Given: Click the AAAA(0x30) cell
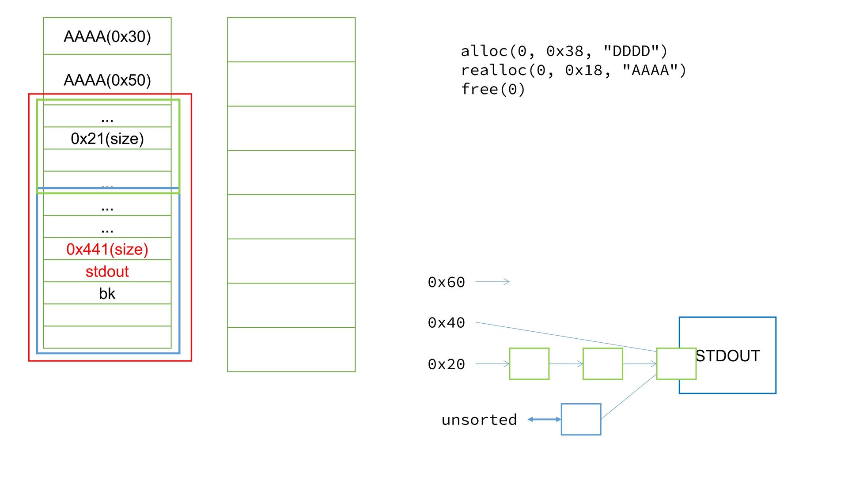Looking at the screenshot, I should click(107, 37).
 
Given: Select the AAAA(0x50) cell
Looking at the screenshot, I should click(107, 80).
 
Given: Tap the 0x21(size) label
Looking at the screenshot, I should click(107, 139).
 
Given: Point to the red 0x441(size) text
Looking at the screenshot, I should click(107, 250).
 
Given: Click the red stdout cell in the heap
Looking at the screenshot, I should click(107, 272).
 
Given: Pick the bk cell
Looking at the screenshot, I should click(107, 294).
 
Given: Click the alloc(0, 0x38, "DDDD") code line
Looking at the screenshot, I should click(564, 51).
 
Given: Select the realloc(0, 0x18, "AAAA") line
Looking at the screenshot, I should click(573, 70).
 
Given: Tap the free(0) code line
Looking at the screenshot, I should click(493, 89).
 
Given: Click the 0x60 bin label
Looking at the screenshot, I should click(446, 282).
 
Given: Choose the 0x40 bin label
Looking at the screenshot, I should click(446, 323).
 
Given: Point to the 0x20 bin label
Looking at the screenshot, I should click(446, 364).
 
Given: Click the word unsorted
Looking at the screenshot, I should click(479, 420).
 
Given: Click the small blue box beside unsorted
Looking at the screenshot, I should click(581, 419).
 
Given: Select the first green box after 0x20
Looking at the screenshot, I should click(529, 363).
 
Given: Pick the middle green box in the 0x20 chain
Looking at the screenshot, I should click(602, 363).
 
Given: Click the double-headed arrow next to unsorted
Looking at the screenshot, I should click(544, 419).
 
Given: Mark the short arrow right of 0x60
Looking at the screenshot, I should click(492, 282).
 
